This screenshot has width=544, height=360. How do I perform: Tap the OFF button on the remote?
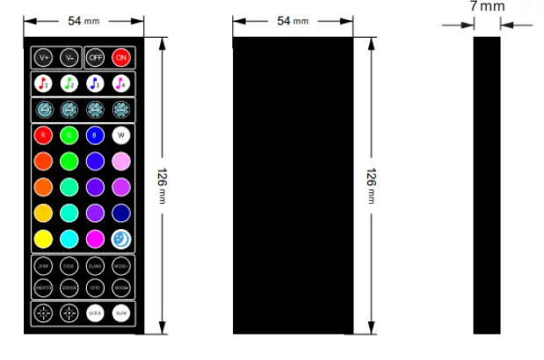point(95,58)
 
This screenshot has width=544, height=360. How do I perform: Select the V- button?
point(69,58)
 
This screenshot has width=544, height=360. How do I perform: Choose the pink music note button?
point(121,83)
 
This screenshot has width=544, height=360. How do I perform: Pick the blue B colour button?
point(95,136)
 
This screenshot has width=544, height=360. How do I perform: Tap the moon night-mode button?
point(121,238)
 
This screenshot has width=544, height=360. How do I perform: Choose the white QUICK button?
point(95,313)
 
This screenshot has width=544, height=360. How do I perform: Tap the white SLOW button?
point(121,313)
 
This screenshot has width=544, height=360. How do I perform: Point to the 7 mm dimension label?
point(487,7)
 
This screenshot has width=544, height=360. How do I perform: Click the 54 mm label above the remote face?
point(83,20)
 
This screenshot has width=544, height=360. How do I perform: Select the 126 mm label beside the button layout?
point(162,185)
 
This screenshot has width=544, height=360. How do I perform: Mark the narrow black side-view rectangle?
point(487,184)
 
